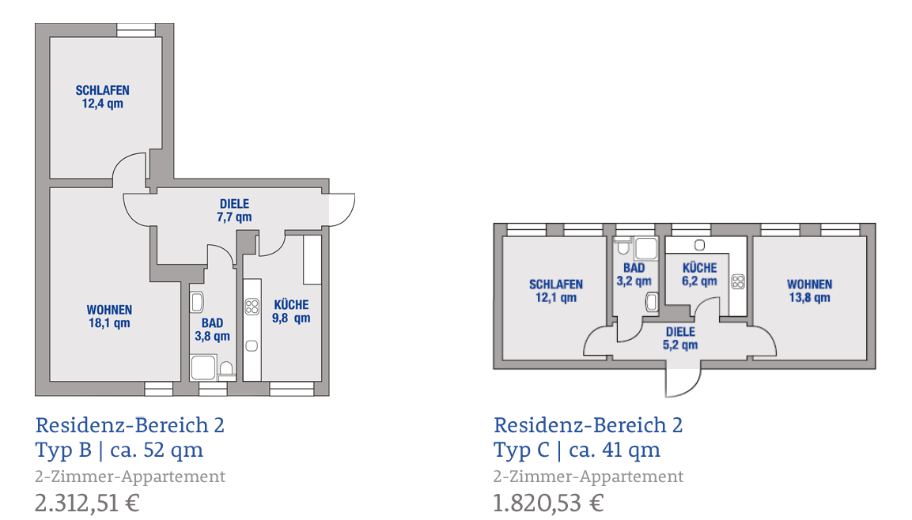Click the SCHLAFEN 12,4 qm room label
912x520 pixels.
(102, 97)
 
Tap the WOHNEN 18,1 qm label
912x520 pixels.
(109, 317)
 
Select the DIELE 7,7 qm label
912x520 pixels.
(234, 210)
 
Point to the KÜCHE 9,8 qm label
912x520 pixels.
(291, 311)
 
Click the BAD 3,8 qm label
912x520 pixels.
(212, 330)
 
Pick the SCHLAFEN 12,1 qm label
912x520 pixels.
(556, 291)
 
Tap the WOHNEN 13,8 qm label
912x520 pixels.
(810, 291)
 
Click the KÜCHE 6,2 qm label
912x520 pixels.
(700, 274)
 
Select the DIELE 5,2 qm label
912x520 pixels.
(680, 338)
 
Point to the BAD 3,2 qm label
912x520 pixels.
(634, 274)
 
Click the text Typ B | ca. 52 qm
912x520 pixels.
(119, 450)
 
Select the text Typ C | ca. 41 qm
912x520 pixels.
(577, 450)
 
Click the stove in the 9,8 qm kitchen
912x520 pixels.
(252, 306)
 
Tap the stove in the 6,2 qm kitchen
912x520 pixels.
(738, 282)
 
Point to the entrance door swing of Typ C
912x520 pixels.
(692, 388)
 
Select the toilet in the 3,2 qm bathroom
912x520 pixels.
(623, 247)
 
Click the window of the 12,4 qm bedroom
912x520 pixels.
(136, 30)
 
